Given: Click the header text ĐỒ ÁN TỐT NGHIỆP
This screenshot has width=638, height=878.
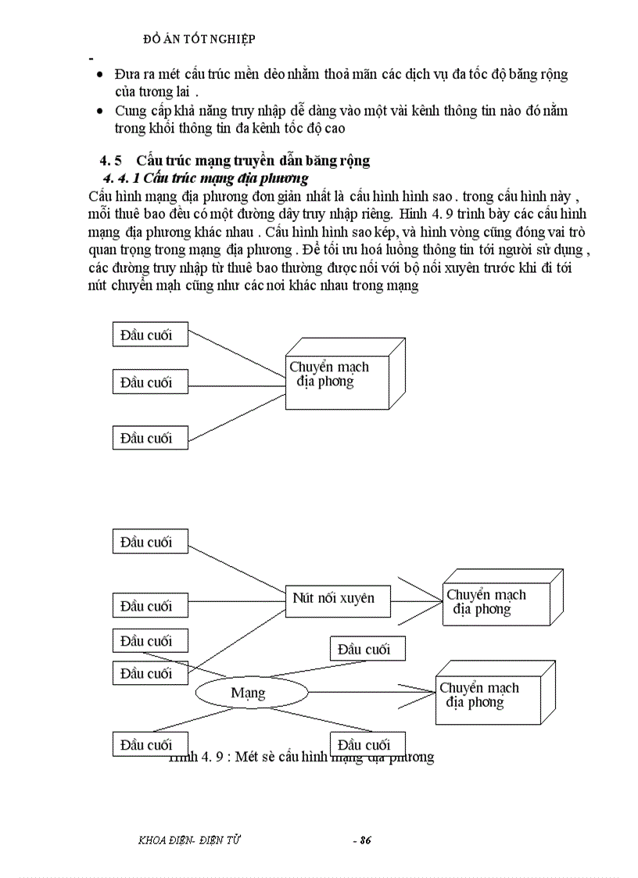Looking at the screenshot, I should (200, 38).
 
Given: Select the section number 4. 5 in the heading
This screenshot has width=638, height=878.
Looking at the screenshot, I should (110, 161).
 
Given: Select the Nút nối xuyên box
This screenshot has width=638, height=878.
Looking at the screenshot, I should (333, 599).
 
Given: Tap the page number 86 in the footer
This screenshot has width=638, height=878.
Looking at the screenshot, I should (362, 840).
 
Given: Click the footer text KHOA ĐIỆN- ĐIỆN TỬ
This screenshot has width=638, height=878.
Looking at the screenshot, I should (188, 840).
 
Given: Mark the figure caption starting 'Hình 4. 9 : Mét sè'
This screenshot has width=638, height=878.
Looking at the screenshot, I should (301, 757).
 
